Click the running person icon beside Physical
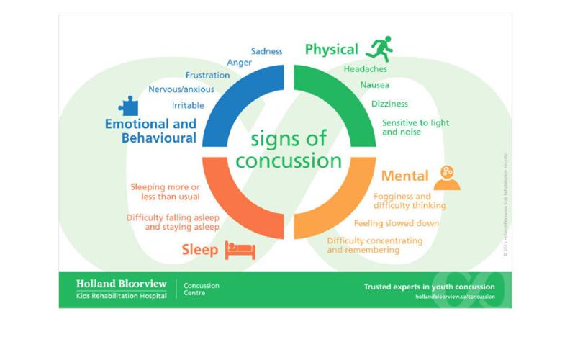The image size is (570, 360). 379,48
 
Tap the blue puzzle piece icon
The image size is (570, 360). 128,107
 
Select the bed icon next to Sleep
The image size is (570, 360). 240,250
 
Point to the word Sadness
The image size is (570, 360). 266,51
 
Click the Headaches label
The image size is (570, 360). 365,69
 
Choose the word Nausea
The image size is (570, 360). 374,86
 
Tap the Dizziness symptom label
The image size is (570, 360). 389,104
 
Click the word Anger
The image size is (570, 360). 239,63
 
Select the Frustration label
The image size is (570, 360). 207,75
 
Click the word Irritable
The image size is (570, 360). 188,105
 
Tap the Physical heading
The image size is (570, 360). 331,50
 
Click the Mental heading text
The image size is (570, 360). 405,176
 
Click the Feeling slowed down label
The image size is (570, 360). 397,223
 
